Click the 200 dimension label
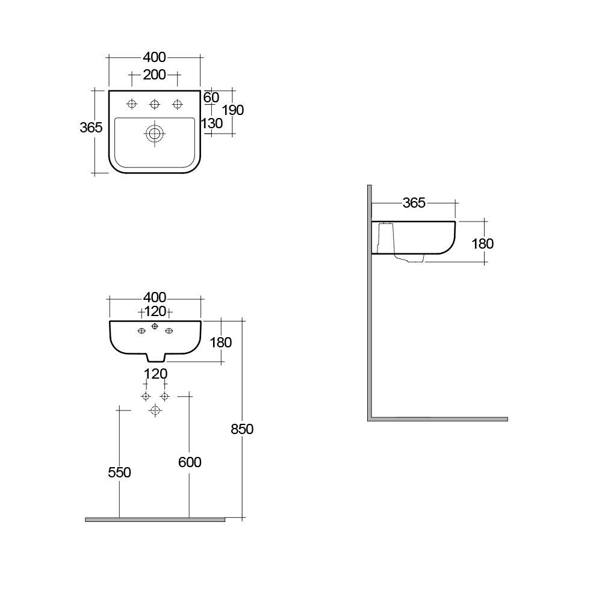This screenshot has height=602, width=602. click(154, 75)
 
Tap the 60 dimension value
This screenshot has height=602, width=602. click(211, 98)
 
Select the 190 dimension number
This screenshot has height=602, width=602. click(233, 110)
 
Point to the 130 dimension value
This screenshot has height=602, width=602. click(213, 123)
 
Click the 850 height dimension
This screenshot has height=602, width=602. click(243, 429)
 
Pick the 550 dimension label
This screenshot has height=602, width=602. click(119, 473)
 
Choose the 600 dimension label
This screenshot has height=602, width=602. click(190, 462)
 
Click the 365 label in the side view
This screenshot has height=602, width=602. click(414, 203)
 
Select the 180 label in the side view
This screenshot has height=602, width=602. click(482, 244)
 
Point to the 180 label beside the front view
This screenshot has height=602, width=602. click(220, 342)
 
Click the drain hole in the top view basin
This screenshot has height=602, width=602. click(155, 134)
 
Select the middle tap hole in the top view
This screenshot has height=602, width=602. click(155, 105)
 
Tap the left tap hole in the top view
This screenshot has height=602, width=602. click(132, 105)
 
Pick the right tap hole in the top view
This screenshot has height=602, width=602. click(177, 105)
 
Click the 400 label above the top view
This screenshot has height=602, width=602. click(154, 57)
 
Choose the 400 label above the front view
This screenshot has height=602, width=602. click(155, 297)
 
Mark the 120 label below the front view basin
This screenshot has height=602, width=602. click(155, 374)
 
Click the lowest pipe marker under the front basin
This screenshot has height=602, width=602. click(155, 410)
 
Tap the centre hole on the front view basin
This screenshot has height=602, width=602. click(155, 326)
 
